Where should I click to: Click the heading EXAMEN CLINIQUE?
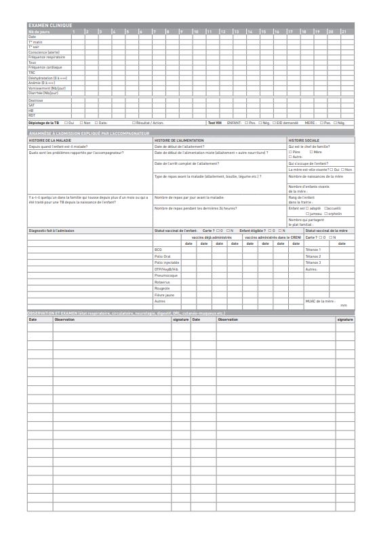(x=50, y=25)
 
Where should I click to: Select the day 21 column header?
(x=344, y=31)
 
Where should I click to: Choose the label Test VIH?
(x=215, y=123)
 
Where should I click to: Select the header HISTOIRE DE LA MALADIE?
(x=53, y=140)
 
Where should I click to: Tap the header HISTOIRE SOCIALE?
(x=304, y=140)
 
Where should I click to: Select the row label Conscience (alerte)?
(x=43, y=52)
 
